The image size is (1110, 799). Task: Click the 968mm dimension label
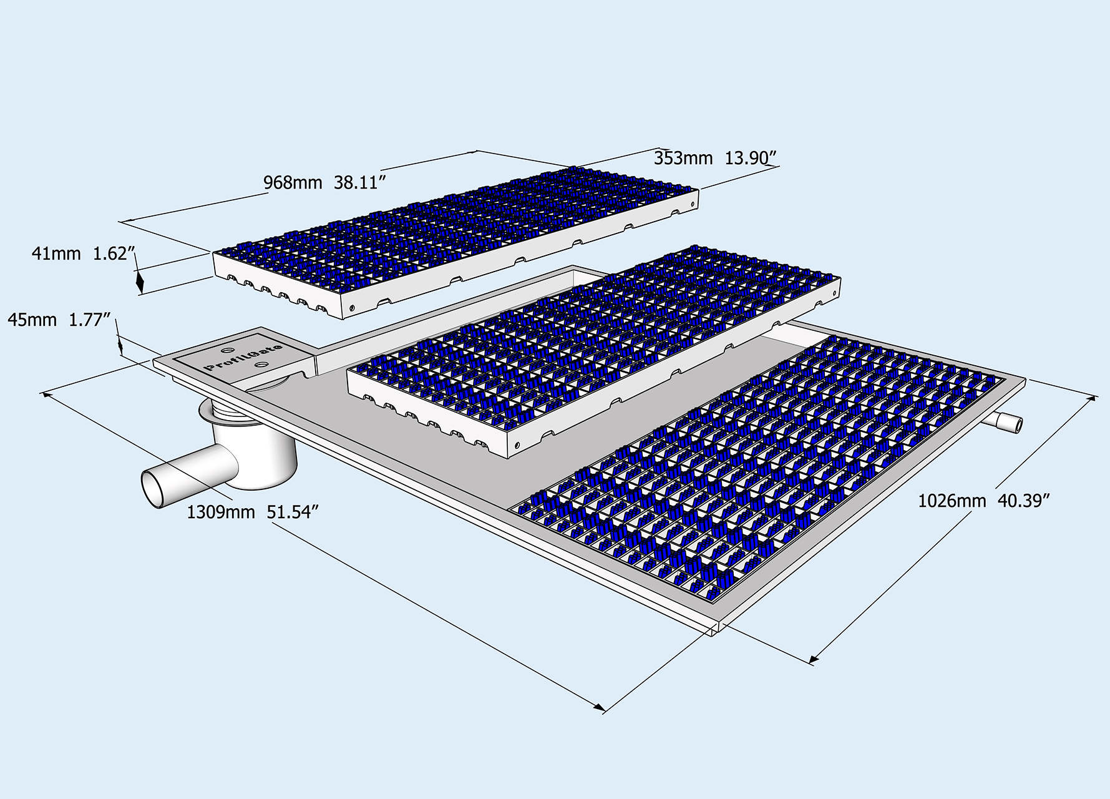click(292, 183)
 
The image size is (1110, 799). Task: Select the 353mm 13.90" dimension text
click(714, 159)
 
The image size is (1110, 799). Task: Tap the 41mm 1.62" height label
click(84, 254)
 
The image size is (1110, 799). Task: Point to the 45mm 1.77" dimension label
click(59, 320)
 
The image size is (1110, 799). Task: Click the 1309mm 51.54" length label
click(253, 512)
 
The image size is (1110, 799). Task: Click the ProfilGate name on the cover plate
click(244, 356)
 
